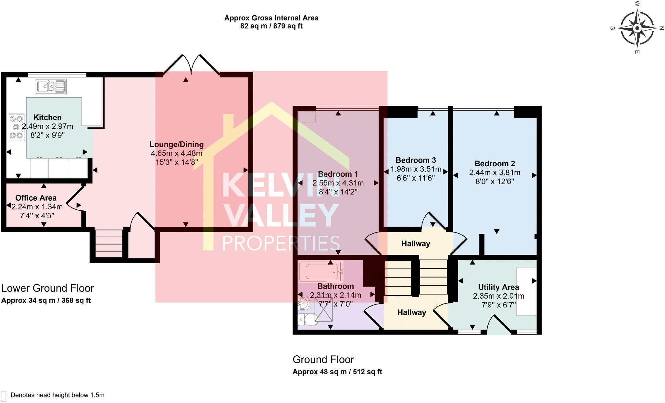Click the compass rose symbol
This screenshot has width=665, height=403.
click(637, 29)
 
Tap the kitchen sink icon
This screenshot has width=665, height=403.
click(51, 87)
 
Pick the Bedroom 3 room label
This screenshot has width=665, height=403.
click(415, 160)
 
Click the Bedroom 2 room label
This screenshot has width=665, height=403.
click(495, 164)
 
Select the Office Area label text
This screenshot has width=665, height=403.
click(36, 198)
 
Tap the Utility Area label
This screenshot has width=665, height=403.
click(498, 287)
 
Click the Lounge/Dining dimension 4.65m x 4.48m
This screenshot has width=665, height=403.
click(176, 153)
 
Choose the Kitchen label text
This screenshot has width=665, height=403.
click(47, 117)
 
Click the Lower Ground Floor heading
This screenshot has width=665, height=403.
click(47, 288)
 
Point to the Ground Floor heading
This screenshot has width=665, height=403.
click(323, 359)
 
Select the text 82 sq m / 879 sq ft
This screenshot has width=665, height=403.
click(271, 26)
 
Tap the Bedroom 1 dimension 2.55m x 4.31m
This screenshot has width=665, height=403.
click(338, 183)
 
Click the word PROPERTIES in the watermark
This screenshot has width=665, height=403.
click(281, 243)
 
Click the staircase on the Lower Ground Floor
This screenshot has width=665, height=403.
click(109, 243)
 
